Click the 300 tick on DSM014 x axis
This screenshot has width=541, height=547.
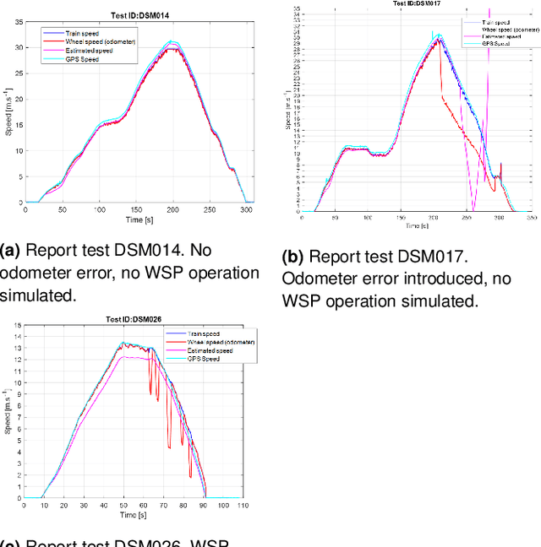(x=245, y=209)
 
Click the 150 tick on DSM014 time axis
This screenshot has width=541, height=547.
(x=135, y=209)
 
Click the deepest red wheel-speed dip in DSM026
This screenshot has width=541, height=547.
(x=190, y=477)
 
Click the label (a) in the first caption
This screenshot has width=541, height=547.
(x=10, y=250)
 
